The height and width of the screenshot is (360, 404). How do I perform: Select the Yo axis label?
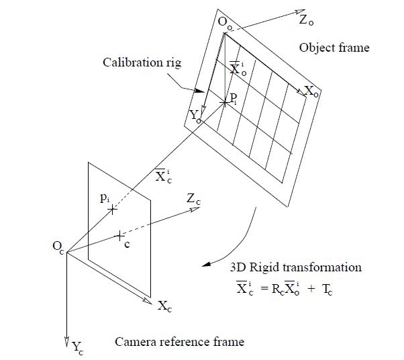pos(195,116)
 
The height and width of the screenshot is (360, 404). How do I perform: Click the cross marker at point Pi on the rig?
pos(224,102)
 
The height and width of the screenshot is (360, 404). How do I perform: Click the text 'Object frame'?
pos(334,48)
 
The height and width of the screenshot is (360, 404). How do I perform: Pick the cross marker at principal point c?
pos(119,236)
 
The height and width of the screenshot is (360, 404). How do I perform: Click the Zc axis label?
pos(193,199)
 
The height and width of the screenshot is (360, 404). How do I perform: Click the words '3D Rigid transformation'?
pos(295,267)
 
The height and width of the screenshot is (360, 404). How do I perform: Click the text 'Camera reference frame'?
pos(179,342)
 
